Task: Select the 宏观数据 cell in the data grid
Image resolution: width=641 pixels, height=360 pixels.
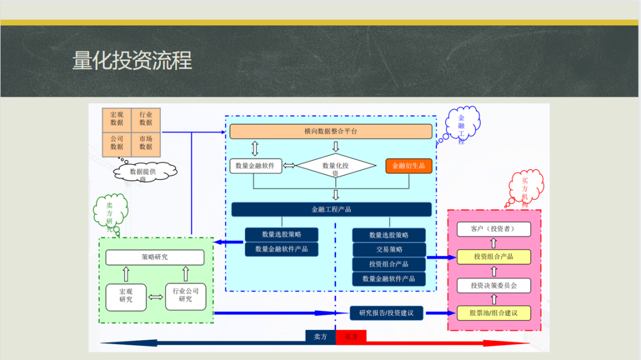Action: coord(117,119)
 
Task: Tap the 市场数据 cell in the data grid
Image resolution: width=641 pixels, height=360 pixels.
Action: coord(146,143)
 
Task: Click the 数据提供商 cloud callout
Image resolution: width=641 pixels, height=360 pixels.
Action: coord(145,172)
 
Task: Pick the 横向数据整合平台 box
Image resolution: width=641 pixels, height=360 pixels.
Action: coord(331,131)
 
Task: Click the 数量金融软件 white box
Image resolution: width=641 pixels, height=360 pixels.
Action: coord(255,166)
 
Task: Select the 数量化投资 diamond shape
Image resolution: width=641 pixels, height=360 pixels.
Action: coord(336,167)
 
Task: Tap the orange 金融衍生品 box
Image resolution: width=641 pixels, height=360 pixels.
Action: coord(408,166)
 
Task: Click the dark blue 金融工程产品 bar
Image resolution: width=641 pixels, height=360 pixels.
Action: coord(331,209)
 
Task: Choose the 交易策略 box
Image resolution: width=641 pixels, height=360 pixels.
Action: coord(389,250)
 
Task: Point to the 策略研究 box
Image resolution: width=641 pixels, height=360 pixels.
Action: coord(154,257)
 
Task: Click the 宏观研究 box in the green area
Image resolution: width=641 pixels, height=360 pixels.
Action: coord(126,296)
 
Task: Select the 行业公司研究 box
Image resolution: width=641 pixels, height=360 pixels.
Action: coord(185,296)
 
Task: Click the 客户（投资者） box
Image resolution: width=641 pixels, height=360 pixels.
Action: coord(493,229)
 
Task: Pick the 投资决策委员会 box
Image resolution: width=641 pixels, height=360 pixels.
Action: coord(493,286)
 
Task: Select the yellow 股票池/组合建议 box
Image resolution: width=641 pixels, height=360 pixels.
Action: coord(493,313)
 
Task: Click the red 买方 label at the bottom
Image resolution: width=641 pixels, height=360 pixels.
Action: coord(351,337)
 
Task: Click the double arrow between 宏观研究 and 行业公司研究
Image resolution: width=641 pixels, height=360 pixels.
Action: coord(156,297)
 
